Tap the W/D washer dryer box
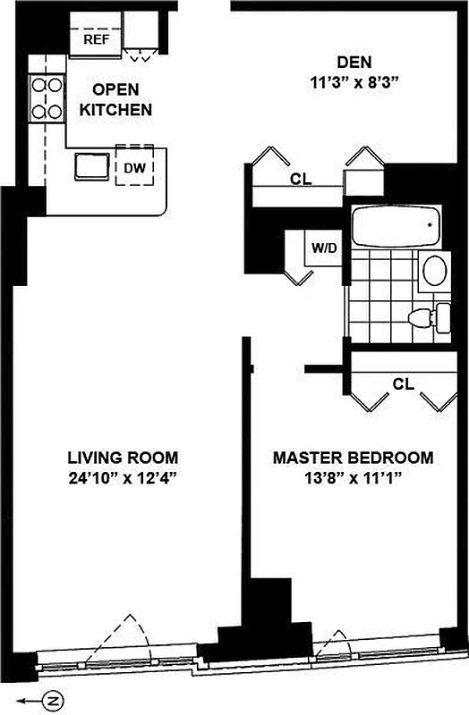[x=324, y=248]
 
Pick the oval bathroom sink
[x=434, y=270]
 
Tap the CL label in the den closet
[x=301, y=179]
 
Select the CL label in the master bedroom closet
[x=404, y=384]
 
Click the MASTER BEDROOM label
[x=353, y=458]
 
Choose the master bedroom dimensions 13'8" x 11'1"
[x=353, y=477]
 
